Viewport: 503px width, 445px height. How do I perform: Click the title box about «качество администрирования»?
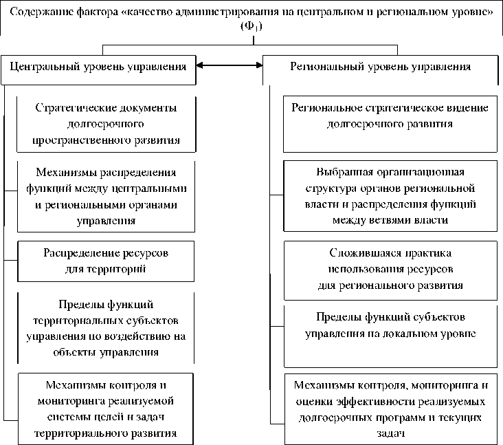(251, 19)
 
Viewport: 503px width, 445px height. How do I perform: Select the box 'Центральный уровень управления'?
(98, 67)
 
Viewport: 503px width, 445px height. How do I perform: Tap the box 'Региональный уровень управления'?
(380, 67)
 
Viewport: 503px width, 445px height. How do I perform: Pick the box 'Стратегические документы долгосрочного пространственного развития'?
(106, 124)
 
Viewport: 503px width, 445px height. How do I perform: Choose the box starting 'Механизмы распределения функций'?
(106, 196)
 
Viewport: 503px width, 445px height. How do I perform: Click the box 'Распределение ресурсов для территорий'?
(106, 261)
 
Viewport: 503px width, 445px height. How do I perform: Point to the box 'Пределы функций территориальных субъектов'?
(106, 327)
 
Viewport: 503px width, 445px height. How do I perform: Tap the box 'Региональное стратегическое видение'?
(390, 124)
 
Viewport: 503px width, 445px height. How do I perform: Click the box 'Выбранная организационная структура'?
(390, 195)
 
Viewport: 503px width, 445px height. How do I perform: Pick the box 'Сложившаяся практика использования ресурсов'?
(390, 270)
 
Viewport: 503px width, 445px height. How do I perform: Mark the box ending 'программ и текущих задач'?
(390, 409)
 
